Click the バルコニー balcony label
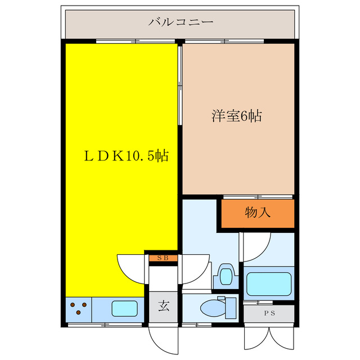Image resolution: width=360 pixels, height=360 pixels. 181,23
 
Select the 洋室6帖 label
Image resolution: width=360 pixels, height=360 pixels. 236,117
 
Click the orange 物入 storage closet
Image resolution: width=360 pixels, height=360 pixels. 258,213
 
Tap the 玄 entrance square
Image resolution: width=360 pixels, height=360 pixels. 164,307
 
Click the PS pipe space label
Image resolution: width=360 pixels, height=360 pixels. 269,314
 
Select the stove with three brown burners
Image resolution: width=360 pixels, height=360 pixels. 79,308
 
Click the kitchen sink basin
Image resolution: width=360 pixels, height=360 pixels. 127,309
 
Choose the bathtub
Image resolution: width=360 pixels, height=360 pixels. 269,282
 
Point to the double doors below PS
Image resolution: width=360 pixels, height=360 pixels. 269,339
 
